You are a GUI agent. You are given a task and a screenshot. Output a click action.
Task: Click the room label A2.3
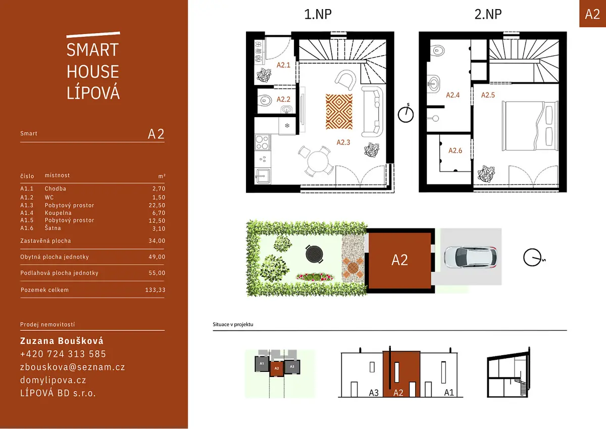(343, 142)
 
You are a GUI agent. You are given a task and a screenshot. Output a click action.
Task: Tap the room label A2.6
(456, 151)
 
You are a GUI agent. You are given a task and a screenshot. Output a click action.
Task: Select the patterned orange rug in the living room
(339, 112)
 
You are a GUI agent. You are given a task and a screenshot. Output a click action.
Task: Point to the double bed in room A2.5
(530, 126)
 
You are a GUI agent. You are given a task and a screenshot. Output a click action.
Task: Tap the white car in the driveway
(471, 257)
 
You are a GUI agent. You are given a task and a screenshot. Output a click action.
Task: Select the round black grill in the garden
(314, 254)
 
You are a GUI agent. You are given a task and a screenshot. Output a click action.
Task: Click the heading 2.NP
(488, 14)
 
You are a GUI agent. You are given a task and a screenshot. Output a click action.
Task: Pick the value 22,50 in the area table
(157, 205)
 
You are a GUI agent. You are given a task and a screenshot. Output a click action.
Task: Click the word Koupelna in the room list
(58, 213)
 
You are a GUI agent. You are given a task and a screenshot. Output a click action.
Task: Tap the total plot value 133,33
(156, 290)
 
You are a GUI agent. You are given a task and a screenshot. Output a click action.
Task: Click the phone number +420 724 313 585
(63, 354)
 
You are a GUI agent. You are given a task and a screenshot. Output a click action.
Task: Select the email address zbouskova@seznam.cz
(73, 367)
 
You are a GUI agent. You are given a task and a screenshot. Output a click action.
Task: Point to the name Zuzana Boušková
(62, 341)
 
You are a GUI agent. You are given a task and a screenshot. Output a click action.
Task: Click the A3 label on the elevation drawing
(374, 393)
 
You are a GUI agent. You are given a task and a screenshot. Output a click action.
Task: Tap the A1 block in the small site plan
(262, 364)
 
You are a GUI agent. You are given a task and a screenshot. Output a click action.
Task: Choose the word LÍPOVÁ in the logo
(93, 92)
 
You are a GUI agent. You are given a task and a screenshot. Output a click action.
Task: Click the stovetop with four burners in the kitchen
(263, 142)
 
